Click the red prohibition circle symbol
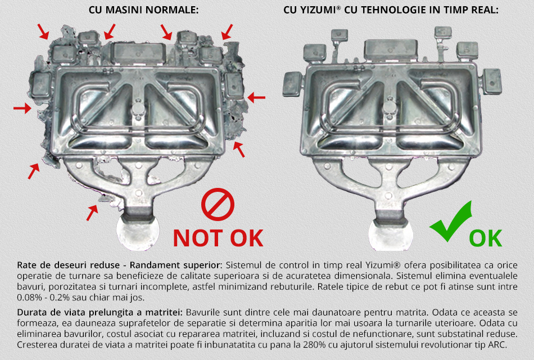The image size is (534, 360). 218,204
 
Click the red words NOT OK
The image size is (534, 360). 218,238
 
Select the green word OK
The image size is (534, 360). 485,238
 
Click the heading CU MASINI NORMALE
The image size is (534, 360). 143,10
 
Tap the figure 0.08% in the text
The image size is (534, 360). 29,297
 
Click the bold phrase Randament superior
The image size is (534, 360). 175,265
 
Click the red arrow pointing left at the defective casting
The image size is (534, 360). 256,97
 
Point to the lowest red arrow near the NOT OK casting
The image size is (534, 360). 92,213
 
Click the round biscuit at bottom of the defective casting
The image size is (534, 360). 138,233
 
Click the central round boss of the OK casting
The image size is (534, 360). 388,109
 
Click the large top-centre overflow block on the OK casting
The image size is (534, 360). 391,49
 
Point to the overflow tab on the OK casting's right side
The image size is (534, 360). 491,82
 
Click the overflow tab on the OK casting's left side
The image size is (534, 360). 293,84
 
